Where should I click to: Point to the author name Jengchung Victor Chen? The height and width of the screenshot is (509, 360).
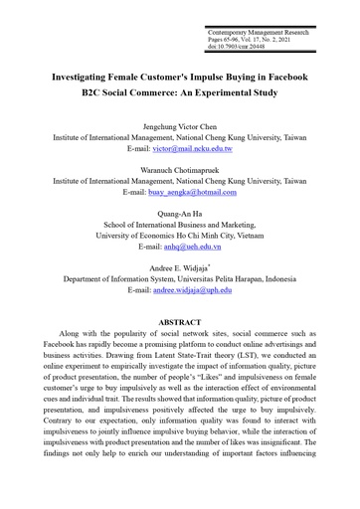179,127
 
